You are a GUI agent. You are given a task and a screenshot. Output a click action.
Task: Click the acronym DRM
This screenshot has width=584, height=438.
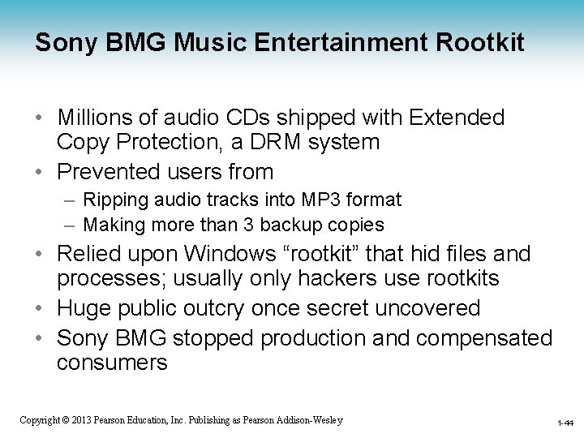[253, 143]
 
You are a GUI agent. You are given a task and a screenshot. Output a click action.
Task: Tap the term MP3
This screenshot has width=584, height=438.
[313, 199]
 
